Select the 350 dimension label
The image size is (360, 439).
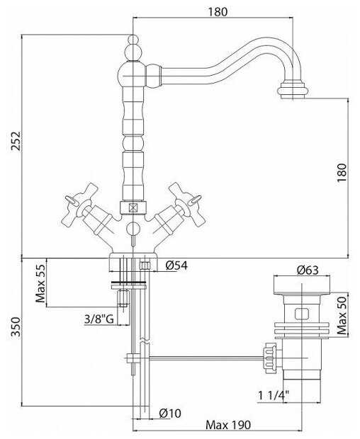[16, 326]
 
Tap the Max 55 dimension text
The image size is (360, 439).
[40, 283]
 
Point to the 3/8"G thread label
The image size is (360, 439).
[99, 319]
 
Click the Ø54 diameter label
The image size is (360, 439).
[176, 266]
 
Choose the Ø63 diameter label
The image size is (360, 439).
[308, 270]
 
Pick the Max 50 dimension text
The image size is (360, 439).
[342, 315]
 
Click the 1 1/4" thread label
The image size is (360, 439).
[273, 396]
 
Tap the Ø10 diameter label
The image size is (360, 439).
[170, 414]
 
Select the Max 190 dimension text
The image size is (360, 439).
[228, 425]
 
